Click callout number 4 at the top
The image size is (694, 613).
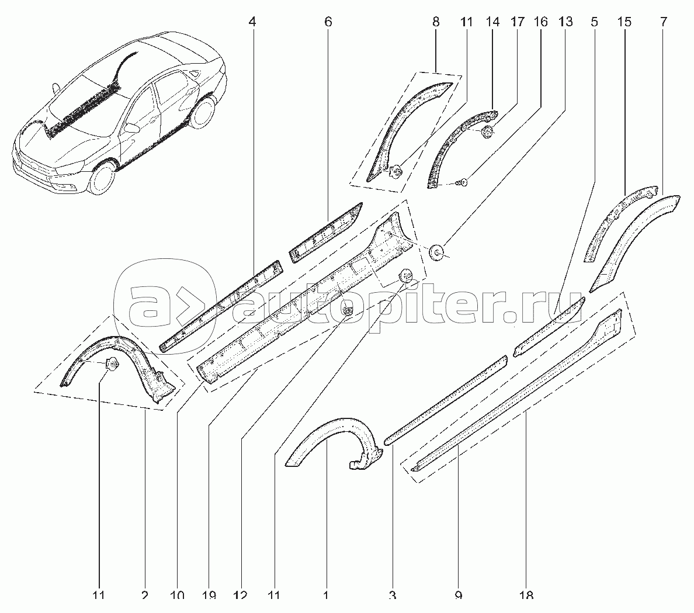point(252,22)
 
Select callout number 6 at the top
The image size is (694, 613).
point(328,22)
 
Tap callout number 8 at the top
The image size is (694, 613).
point(436,22)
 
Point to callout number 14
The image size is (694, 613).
point(492,22)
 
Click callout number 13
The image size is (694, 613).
point(564,22)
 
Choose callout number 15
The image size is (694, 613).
point(624,22)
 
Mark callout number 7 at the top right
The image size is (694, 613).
point(663,22)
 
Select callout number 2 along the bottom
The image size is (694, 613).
point(144,595)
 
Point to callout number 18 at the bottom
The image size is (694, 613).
point(526,595)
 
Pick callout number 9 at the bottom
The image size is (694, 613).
point(458,595)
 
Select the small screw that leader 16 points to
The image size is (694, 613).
point(462,183)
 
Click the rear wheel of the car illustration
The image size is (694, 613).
point(202,113)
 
